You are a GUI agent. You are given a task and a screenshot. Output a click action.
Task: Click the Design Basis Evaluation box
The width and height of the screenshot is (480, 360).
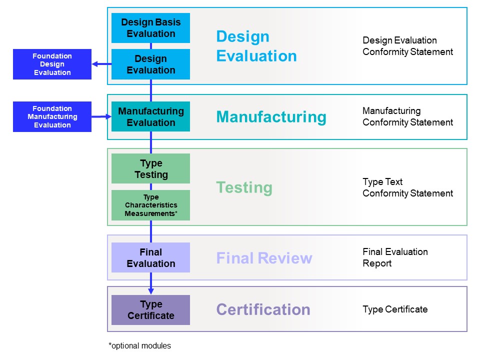click(x=150, y=28)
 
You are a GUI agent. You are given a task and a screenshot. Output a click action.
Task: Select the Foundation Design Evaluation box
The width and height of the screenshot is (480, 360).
click(x=52, y=64)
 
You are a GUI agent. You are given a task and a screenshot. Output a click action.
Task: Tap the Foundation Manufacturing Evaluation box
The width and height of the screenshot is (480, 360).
click(x=52, y=116)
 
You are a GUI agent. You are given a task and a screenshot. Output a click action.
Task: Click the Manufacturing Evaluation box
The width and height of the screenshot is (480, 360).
click(x=150, y=116)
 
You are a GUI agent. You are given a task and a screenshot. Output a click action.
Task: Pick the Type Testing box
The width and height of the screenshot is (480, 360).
click(x=150, y=168)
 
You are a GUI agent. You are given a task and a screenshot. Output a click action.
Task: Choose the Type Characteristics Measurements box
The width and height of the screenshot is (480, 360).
click(x=150, y=205)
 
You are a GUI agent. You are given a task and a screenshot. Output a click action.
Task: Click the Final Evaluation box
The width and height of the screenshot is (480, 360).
click(x=150, y=257)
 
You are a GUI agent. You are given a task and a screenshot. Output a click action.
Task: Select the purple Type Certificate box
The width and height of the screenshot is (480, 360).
click(x=150, y=310)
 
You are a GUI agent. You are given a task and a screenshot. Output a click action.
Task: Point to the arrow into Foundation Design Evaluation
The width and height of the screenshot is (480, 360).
click(x=101, y=64)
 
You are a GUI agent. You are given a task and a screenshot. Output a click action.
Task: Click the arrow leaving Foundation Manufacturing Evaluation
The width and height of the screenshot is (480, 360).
click(x=101, y=116)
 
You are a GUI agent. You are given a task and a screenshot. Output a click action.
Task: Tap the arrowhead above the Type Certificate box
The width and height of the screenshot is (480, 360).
click(x=151, y=291)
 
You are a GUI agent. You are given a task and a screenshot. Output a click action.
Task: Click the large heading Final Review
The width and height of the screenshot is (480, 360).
click(x=264, y=258)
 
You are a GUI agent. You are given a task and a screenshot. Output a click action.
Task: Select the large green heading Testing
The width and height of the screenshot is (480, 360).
click(x=244, y=187)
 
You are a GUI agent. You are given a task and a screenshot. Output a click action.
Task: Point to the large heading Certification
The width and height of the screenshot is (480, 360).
click(x=263, y=309)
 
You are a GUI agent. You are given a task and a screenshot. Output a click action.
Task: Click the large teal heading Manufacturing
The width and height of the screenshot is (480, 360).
click(x=271, y=117)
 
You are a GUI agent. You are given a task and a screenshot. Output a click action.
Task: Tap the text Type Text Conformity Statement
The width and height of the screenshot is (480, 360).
click(x=408, y=187)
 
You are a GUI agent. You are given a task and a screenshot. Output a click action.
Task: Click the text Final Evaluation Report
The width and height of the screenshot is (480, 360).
click(x=395, y=257)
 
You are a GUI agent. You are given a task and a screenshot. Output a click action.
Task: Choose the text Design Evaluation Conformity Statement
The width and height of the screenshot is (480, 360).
click(x=408, y=46)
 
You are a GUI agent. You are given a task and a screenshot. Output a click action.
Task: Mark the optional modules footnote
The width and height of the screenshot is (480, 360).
click(x=139, y=346)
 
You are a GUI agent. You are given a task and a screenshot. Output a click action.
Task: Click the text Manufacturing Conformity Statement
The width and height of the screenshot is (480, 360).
click(x=408, y=116)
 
